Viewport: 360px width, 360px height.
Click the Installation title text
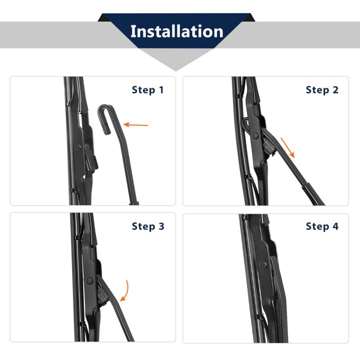[177, 31]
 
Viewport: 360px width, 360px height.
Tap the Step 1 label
[148, 90]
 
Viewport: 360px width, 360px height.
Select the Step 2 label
[322, 90]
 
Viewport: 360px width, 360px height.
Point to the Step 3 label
[148, 226]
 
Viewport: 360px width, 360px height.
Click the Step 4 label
[322, 226]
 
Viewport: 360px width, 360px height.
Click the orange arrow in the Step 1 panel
[136, 125]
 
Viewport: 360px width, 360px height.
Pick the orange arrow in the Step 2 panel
[288, 148]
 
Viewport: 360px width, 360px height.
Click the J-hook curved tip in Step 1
[104, 116]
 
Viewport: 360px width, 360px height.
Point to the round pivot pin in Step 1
[78, 148]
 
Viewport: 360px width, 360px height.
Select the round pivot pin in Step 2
[255, 136]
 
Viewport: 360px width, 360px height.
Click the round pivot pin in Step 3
[90, 280]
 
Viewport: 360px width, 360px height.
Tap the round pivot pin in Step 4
[263, 265]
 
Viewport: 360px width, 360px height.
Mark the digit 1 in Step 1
[162, 90]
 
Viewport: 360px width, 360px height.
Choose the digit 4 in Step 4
[335, 226]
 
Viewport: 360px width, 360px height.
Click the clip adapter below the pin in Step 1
[91, 158]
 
